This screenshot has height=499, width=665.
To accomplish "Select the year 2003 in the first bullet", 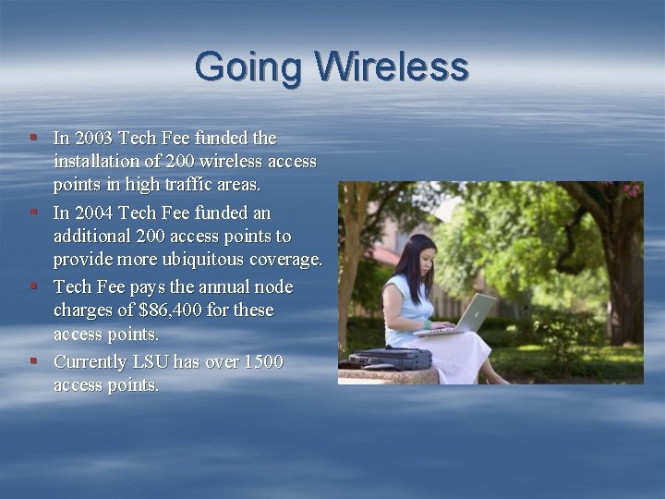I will tap(93, 138).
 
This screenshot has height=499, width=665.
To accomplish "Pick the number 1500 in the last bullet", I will tap(259, 361).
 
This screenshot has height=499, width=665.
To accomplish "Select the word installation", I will tap(98, 163).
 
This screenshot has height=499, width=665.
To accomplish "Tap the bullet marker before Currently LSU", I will tap(33, 360).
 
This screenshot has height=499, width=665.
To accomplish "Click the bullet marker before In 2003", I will tap(33, 137).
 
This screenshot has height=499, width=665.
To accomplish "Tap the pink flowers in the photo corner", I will tap(632, 190).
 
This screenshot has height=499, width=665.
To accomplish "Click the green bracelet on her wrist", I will tap(428, 324).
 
